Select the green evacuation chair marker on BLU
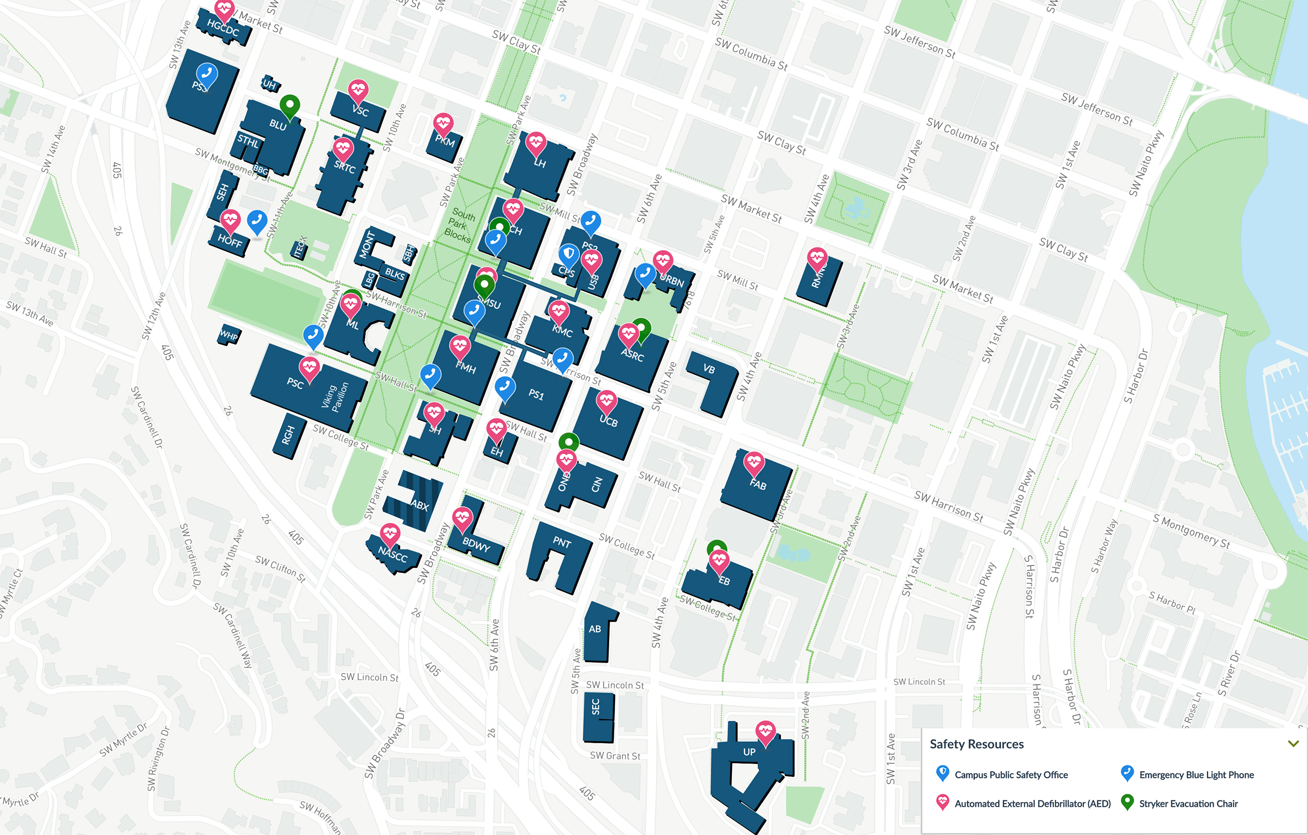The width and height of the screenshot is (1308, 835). pos(289,104)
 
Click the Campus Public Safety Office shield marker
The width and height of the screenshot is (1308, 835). pos(568,254)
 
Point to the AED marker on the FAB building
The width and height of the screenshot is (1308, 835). pos(754,462)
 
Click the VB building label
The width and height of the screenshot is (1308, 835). pos(709,369)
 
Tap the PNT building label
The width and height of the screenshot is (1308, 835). pos(561,542)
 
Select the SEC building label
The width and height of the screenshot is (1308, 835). pos(596,707)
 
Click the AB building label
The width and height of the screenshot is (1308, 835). pos(595,629)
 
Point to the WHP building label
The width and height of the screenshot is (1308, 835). pos(229,335)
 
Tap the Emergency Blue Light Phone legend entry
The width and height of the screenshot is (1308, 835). pos(1196,775)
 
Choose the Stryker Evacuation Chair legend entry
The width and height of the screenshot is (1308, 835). pos(1188,803)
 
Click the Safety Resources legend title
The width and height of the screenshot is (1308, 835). pos(976,744)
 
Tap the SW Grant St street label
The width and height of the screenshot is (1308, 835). pos(615,756)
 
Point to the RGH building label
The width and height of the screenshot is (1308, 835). pos(288,435)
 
